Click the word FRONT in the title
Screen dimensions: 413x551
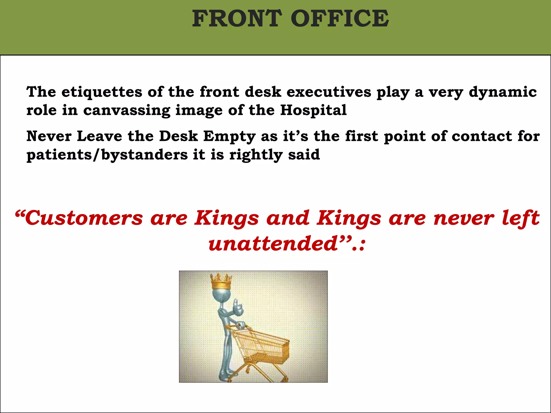pos(237,18)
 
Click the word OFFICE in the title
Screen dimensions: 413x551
pos(340,18)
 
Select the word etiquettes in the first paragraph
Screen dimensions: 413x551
pos(102,92)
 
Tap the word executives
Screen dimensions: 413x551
pos(329,92)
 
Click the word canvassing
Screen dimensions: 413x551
pos(127,111)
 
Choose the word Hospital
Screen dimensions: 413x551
pos(313,111)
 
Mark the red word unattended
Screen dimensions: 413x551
pos(273,244)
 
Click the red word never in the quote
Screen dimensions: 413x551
pos(464,218)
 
